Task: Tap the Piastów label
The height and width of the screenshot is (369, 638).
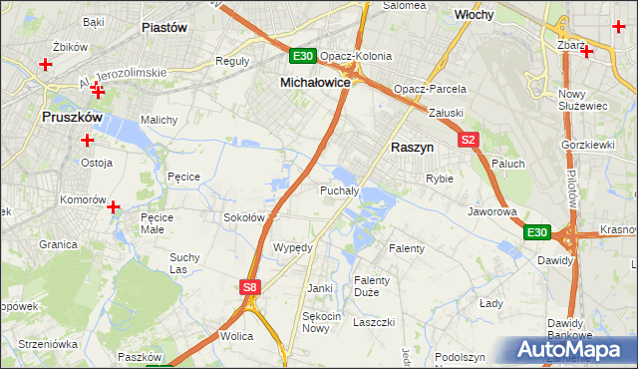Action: pos(164,28)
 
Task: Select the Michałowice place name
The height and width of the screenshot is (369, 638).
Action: pos(315,83)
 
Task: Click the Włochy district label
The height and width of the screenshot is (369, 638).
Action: pos(476,16)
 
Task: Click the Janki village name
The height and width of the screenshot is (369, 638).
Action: pos(320,288)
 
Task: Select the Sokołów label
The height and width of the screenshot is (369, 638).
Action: pos(243,217)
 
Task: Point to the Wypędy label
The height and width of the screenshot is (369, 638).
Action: pos(293,247)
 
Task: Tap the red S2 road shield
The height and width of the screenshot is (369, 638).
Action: pos(470,141)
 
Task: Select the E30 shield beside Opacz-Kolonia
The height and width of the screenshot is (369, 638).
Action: pos(303,56)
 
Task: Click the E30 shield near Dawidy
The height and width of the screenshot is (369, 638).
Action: pos(536,232)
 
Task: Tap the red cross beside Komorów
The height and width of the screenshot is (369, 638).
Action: pos(114,207)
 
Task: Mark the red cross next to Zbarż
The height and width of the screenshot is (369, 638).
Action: pos(587,51)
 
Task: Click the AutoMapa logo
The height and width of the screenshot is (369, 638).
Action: pos(569,349)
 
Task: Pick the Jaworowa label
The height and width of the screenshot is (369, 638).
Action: pos(491,212)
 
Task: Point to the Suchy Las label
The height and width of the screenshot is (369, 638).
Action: pos(184,263)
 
